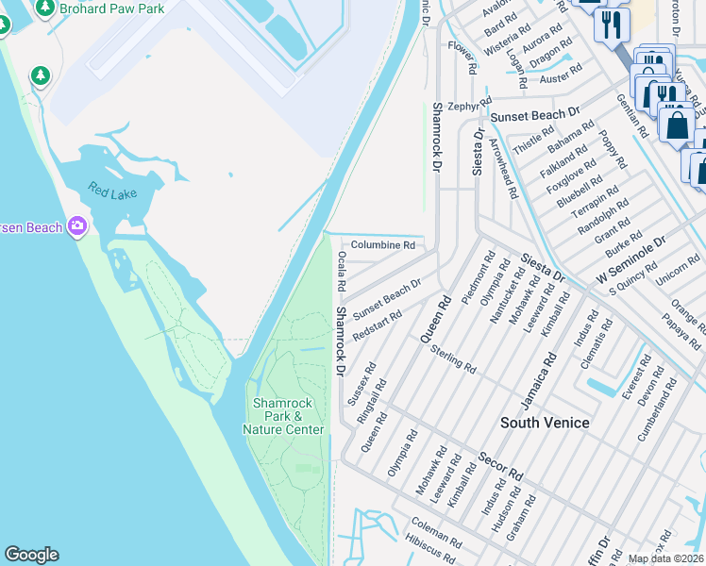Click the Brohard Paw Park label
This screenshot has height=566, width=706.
click(x=111, y=8)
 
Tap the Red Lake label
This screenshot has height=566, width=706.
click(x=112, y=191)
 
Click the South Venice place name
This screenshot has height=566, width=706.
click(x=545, y=423)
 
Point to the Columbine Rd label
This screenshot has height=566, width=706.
click(x=384, y=245)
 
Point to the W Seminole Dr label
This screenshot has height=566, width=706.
click(x=630, y=260)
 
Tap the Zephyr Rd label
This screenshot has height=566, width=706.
click(x=470, y=106)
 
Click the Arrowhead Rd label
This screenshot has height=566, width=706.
click(x=502, y=169)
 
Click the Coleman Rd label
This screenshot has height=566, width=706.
click(x=435, y=533)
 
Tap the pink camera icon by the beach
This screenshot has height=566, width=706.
click(x=76, y=226)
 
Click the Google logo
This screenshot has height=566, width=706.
click(x=31, y=555)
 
